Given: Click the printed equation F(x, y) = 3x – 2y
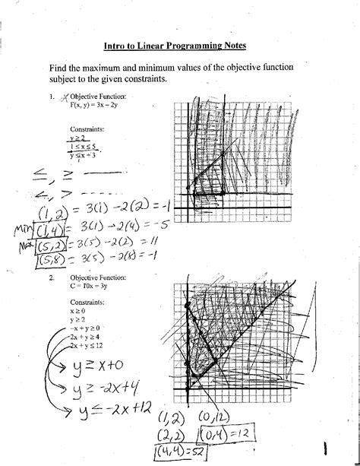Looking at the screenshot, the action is (x=97, y=106).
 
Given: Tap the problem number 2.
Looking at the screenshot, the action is (x=52, y=278).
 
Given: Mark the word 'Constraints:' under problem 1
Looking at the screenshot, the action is (x=87, y=129).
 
